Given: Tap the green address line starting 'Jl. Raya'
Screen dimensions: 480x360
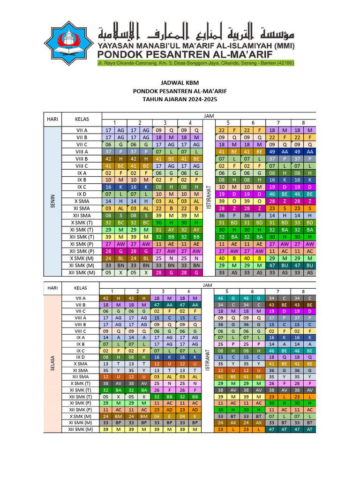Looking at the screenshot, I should tap(195, 63).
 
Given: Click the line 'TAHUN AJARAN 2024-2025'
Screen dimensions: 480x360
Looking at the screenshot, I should tap(180, 99).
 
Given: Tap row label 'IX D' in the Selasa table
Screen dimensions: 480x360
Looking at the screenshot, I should tap(82, 357).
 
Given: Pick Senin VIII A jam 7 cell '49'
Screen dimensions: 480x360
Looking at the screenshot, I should tap(271, 152).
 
